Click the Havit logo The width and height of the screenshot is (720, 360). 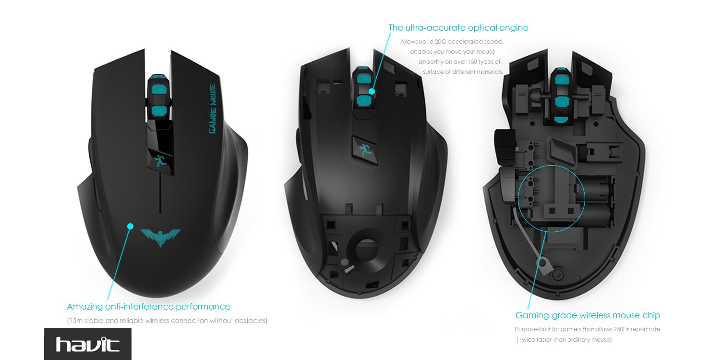click(x=87, y=344)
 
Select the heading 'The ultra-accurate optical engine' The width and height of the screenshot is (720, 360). click(x=458, y=28)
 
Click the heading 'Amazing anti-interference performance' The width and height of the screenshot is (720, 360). click(x=148, y=307)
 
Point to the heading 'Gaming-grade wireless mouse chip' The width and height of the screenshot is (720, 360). click(x=588, y=315)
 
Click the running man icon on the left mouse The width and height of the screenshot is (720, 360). click(x=160, y=160)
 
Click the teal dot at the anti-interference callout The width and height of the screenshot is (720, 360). click(x=129, y=225)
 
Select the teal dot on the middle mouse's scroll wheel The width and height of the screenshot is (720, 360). click(x=372, y=90)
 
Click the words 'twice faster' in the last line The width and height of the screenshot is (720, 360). click(x=537, y=340)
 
